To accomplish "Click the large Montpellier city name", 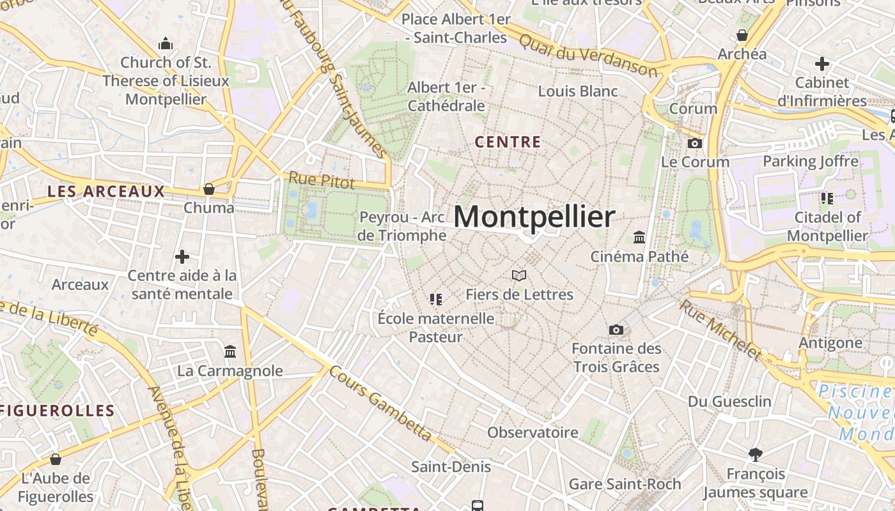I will tap(534, 217).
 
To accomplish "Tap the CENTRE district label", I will tap(508, 142).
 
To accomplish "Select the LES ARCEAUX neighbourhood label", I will tap(106, 191).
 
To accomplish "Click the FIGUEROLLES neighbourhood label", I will tap(58, 411).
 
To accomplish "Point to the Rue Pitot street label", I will tap(321, 181).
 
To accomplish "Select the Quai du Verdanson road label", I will tap(588, 56).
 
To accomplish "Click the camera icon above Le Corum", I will tap(695, 143).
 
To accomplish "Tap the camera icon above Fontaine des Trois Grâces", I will tap(616, 330).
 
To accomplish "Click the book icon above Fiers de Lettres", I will tap(519, 275).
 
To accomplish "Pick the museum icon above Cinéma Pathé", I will tap(639, 238).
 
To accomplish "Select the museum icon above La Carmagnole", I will tap(230, 351).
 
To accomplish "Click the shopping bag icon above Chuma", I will tap(208, 189).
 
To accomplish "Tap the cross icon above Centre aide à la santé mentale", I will tap(182, 257).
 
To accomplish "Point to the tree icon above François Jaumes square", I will tap(755, 454).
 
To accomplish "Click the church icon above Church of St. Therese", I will tap(166, 43).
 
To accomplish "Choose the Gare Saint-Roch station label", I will tap(625, 484).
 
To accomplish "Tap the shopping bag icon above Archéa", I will tap(742, 34).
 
